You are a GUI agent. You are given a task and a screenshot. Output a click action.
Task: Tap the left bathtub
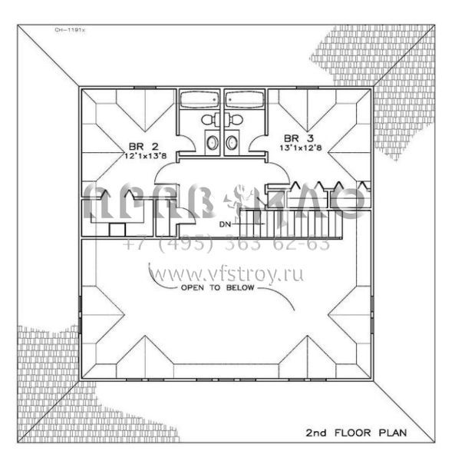(x=199, y=100)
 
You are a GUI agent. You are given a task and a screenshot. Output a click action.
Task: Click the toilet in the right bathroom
(x=236, y=118)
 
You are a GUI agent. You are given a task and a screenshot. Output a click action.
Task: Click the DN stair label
(x=225, y=224)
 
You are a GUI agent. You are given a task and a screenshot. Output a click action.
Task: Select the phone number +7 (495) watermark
(x=226, y=244)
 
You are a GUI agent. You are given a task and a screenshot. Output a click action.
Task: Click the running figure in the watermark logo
(x=236, y=202)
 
